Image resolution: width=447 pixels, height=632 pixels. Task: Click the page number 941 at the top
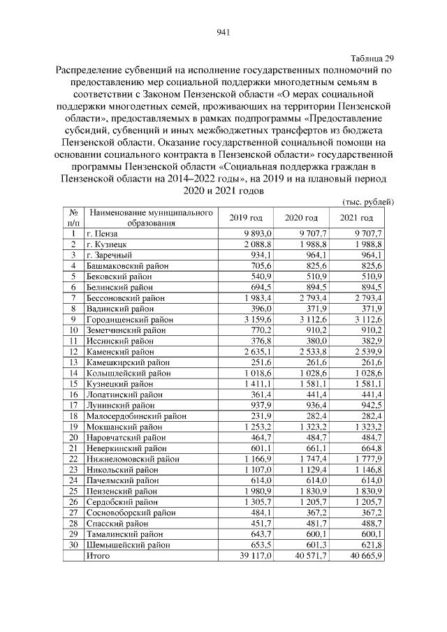223,32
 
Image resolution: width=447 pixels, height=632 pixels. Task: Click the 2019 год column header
247,218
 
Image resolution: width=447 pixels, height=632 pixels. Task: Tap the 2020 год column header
302,218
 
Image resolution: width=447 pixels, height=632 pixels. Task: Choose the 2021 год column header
358,218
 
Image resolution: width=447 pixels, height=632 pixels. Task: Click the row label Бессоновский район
126,297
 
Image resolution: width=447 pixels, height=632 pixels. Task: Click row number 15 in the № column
73,383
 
